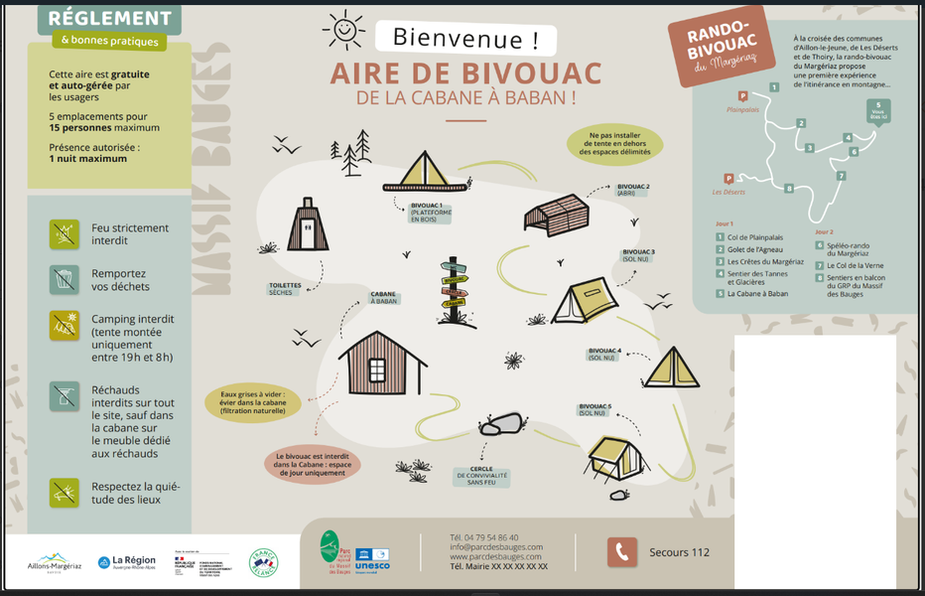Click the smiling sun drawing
point(343,30)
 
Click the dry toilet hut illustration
point(308,225)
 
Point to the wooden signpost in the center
point(456,288)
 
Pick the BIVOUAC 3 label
point(638,255)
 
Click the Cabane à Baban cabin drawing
point(381,363)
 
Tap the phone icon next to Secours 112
point(622,551)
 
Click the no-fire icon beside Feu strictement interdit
point(65,233)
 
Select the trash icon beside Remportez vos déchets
point(65,279)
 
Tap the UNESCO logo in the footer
point(372,559)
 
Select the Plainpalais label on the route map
point(742,110)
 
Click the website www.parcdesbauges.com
point(496,556)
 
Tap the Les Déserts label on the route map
point(729,192)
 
